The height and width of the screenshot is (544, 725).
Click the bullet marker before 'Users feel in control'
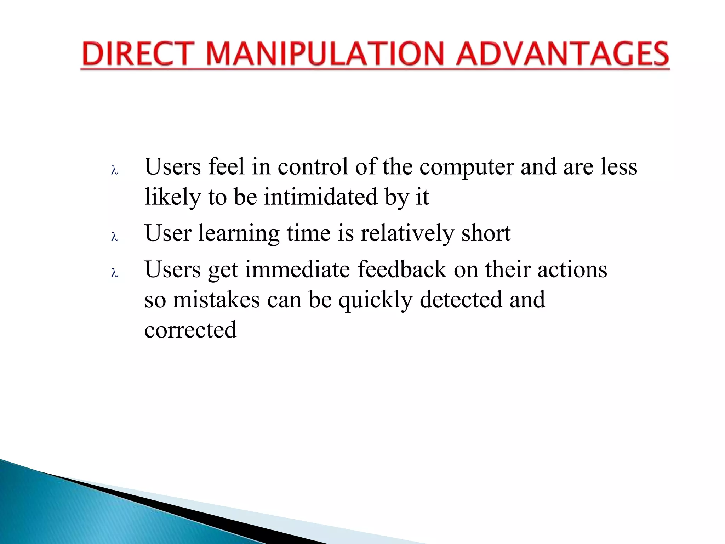tap(114, 171)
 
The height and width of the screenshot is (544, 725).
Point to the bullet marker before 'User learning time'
tap(114, 237)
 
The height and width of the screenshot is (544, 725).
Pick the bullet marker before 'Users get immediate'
tap(114, 273)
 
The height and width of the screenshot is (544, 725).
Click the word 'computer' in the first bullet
tap(466, 167)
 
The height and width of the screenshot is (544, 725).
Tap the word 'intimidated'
tap(321, 197)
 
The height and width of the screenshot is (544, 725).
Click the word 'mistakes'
tap(216, 300)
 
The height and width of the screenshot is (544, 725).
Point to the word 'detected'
tap(461, 300)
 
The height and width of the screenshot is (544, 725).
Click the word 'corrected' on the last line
tap(190, 330)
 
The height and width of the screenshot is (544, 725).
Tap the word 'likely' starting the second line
tap(172, 197)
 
